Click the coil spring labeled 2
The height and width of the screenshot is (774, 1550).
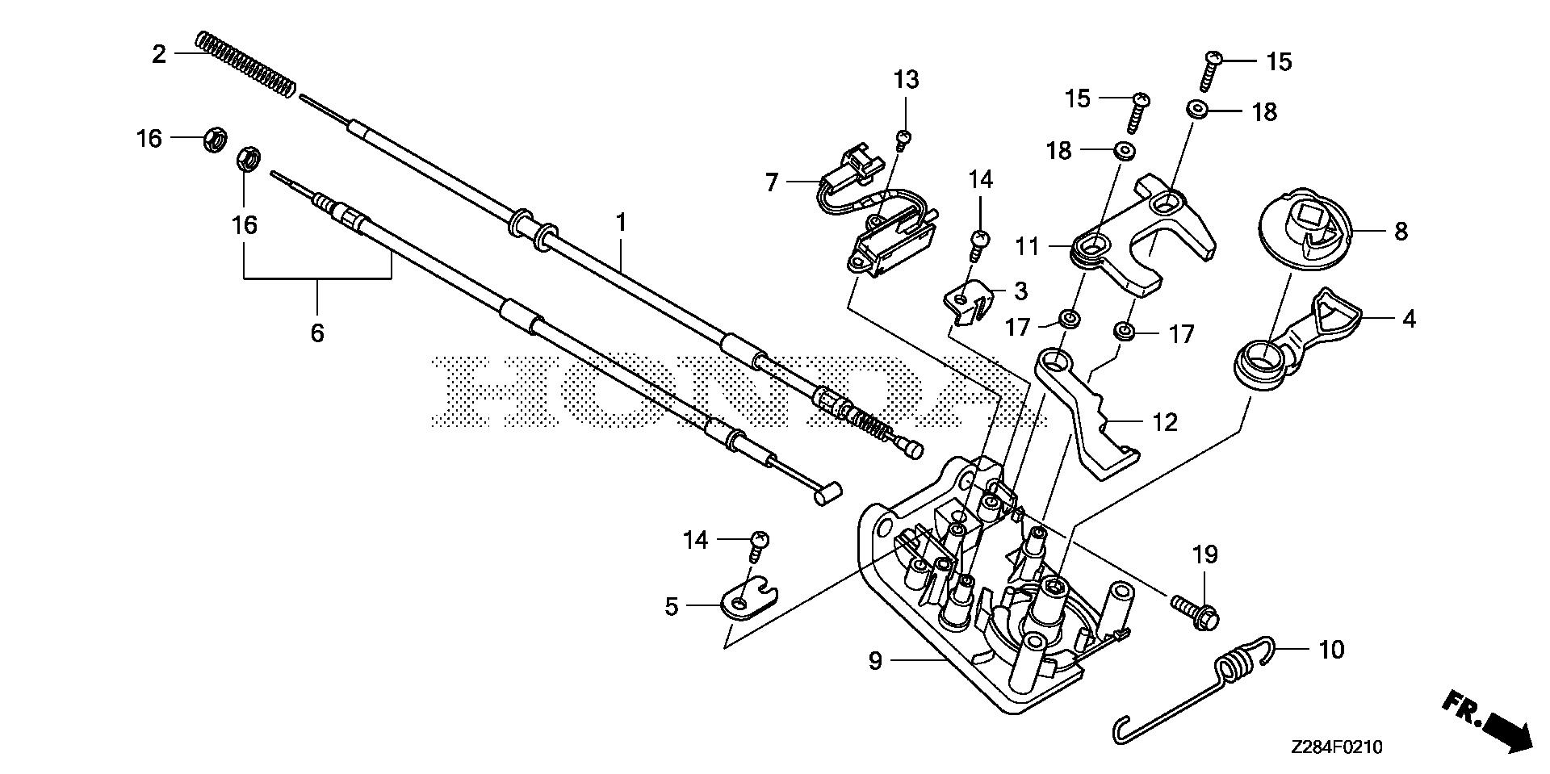[245, 61]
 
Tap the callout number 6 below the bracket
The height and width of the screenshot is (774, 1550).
[317, 332]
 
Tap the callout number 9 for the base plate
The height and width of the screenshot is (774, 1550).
[876, 661]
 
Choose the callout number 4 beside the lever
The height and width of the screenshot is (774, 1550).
[1409, 320]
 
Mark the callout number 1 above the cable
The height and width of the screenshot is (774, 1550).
[621, 223]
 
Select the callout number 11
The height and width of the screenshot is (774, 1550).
[1027, 245]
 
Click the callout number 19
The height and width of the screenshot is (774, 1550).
[1204, 554]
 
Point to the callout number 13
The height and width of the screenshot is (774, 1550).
[906, 80]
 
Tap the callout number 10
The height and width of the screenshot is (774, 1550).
[1330, 649]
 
